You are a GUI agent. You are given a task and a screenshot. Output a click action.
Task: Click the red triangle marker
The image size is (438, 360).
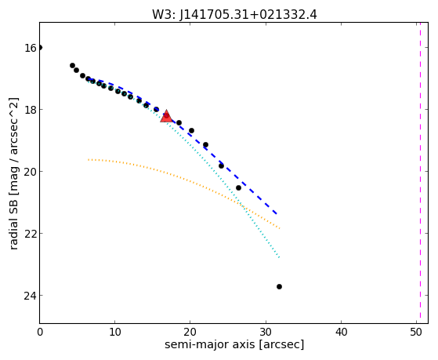tap(166, 116)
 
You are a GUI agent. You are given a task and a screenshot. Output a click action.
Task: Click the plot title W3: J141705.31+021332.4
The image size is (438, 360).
tap(234, 15)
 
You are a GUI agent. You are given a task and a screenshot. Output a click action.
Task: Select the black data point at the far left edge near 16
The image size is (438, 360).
tap(40, 48)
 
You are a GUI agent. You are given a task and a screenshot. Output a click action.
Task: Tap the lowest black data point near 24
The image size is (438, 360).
tap(279, 286)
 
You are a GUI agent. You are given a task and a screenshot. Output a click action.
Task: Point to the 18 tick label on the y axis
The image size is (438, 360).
tap(30, 109)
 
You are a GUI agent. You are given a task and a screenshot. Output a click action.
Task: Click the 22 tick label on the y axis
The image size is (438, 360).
tap(30, 233)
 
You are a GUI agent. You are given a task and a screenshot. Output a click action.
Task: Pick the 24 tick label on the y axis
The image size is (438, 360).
tap(30, 296)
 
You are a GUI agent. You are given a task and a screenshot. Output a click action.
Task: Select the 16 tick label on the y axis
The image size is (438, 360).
tap(30, 48)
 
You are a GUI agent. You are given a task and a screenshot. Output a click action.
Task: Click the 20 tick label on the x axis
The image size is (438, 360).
tap(190, 332)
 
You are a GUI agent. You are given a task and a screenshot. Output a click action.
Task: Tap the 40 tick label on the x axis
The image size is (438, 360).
tap(341, 332)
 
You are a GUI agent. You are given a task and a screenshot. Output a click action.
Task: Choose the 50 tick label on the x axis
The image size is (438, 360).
tap(416, 332)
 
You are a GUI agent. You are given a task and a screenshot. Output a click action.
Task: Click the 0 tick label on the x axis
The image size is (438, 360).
tap(40, 332)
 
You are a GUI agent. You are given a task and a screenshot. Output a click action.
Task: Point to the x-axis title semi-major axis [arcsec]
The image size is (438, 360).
tap(234, 344)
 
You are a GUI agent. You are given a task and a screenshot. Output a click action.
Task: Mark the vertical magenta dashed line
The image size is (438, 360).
tap(420, 173)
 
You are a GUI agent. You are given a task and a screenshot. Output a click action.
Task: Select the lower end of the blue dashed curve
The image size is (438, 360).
tap(277, 214)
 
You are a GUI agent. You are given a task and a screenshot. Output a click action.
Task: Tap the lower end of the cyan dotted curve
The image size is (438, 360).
tap(280, 257)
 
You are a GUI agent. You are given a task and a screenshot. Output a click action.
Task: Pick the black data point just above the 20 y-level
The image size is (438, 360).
tap(221, 165)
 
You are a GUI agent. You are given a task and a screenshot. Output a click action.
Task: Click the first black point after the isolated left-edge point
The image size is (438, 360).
tap(72, 65)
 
